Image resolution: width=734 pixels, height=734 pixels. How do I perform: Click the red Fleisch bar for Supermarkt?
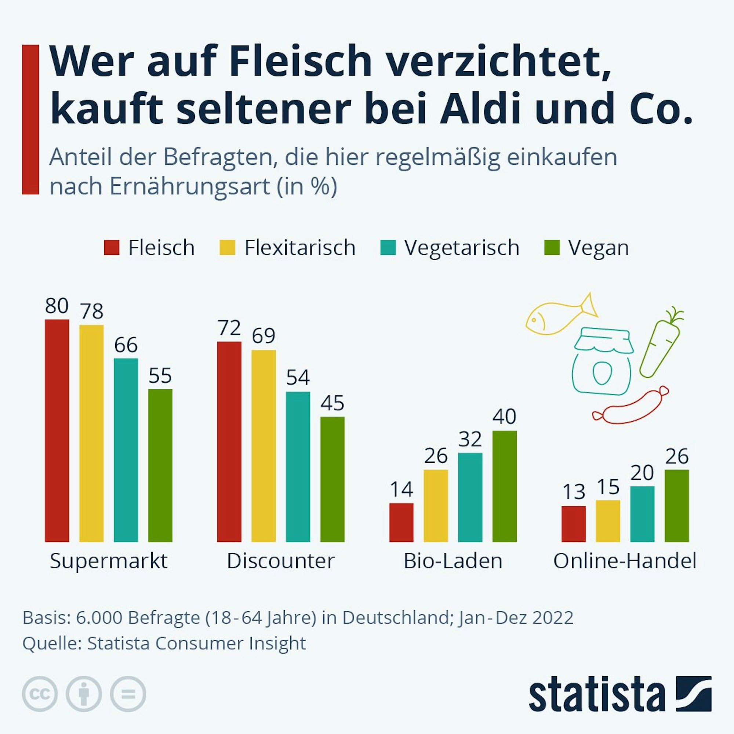pos(57,430)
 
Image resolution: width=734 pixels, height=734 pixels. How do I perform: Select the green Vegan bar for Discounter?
pos(333,479)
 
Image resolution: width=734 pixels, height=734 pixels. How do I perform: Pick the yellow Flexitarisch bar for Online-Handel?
pos(608,521)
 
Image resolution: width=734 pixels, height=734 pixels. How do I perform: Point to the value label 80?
pos(57,306)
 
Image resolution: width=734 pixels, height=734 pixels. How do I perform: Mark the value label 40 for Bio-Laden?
pos(505,417)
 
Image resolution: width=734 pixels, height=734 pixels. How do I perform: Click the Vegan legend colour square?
pos(552,248)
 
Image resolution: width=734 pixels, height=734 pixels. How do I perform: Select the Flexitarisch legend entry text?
pos(300,248)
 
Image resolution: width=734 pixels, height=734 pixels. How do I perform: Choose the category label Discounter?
pos(281,561)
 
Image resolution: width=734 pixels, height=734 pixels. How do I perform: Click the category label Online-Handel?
pos(625,561)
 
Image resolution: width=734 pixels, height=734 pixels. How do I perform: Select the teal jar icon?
pos(603,361)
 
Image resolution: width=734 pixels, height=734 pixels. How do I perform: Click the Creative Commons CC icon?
pos(40,694)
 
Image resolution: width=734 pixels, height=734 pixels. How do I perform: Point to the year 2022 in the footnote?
pos(553,618)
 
